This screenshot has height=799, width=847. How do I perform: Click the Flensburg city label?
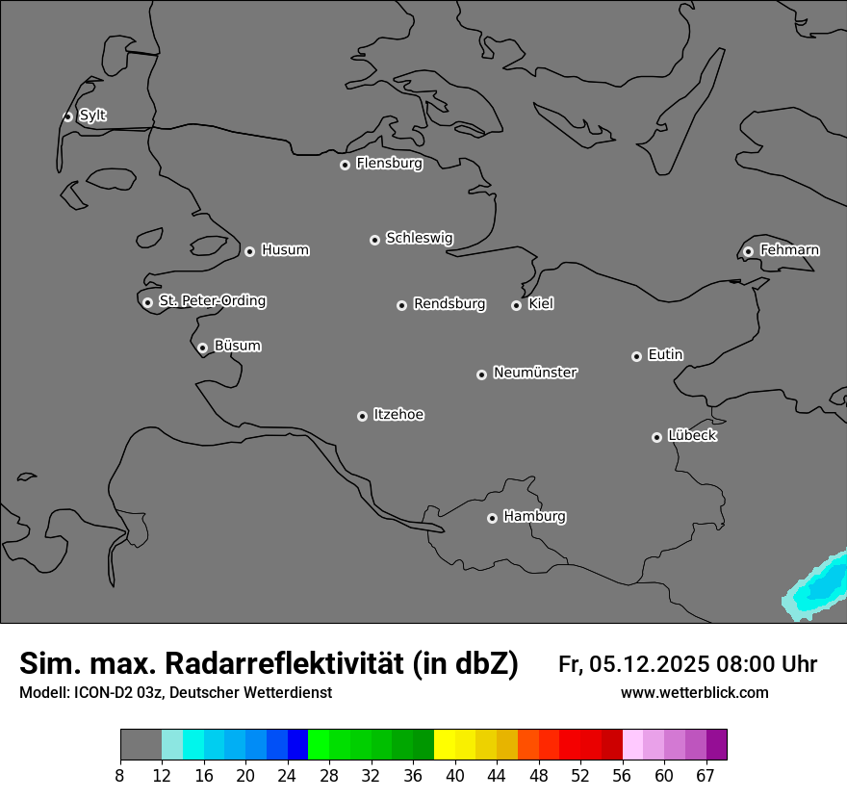click(389, 164)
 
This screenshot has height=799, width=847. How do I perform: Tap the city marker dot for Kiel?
click(516, 305)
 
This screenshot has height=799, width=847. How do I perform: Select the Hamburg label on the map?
click(534, 517)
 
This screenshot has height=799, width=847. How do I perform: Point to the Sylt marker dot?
click(67, 116)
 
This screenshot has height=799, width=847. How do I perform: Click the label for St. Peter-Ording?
click(212, 301)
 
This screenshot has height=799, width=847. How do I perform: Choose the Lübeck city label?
click(692, 436)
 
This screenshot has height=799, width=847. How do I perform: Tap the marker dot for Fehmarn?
click(748, 251)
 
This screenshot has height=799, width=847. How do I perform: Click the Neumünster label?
click(535, 373)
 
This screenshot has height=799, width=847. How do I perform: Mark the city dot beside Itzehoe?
click(362, 416)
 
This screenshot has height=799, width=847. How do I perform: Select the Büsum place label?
click(237, 346)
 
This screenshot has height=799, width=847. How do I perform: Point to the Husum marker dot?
click(249, 251)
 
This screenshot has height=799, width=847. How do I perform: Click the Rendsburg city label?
click(449, 304)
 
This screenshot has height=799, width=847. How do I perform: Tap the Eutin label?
click(665, 355)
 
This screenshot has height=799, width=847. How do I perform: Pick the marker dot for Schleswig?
click(374, 240)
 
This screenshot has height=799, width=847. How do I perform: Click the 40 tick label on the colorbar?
click(455, 776)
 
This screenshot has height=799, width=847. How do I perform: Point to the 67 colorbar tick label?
click(706, 776)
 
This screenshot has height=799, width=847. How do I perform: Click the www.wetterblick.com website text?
click(694, 692)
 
